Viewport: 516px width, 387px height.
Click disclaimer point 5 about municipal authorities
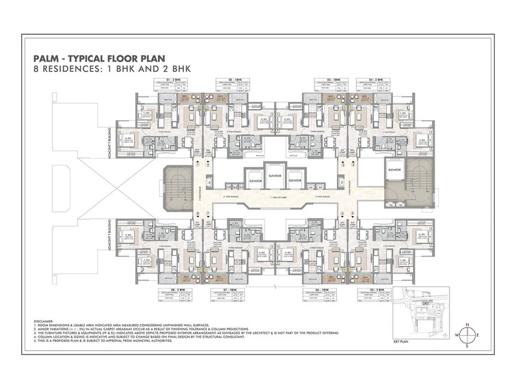point(109,340)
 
